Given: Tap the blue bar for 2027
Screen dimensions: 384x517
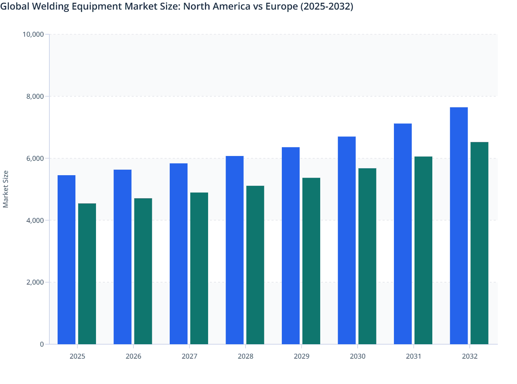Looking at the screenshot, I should pyautogui.click(x=179, y=254).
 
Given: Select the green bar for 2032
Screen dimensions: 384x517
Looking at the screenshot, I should pyautogui.click(x=479, y=243).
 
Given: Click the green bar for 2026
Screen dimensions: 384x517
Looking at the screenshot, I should pyautogui.click(x=143, y=271).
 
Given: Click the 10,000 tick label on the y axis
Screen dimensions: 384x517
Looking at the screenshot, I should pyautogui.click(x=33, y=34).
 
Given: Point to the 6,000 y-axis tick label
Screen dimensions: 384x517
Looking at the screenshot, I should pyautogui.click(x=35, y=158).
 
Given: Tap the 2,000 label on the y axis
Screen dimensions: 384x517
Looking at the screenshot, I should pyautogui.click(x=35, y=282).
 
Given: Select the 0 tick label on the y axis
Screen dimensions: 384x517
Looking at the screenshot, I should pyautogui.click(x=42, y=344).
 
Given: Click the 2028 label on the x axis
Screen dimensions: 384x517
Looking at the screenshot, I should pyautogui.click(x=245, y=356).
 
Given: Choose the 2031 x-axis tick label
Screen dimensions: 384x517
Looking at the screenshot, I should pyautogui.click(x=413, y=356).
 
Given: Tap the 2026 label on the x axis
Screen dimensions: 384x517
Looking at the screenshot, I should pyautogui.click(x=133, y=356).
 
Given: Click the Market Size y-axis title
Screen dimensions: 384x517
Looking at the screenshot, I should pyautogui.click(x=6, y=189).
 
